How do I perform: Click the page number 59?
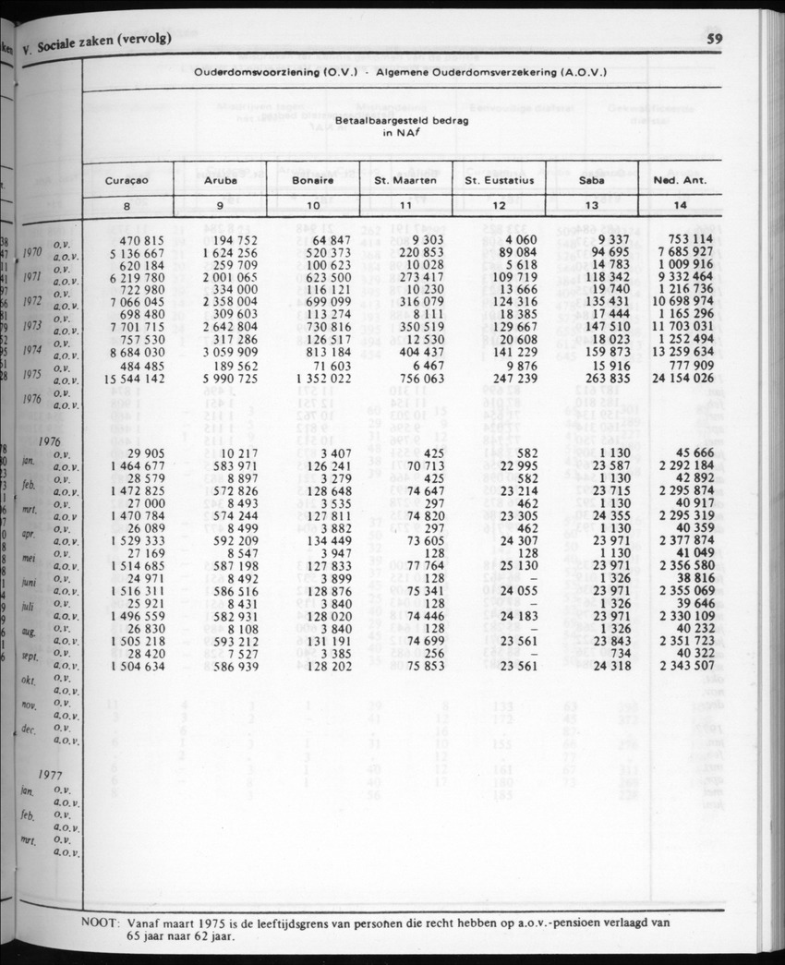[x=714, y=39]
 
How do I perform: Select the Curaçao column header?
[x=127, y=181]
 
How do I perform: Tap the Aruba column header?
[x=221, y=181]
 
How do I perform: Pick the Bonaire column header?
[x=312, y=181]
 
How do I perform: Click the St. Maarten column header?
[x=405, y=181]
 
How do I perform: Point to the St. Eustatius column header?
[x=500, y=181]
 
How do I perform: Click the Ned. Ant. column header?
[x=680, y=181]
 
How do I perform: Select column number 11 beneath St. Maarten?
[x=405, y=205]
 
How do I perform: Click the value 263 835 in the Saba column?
[x=606, y=378]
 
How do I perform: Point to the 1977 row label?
[x=53, y=775]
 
